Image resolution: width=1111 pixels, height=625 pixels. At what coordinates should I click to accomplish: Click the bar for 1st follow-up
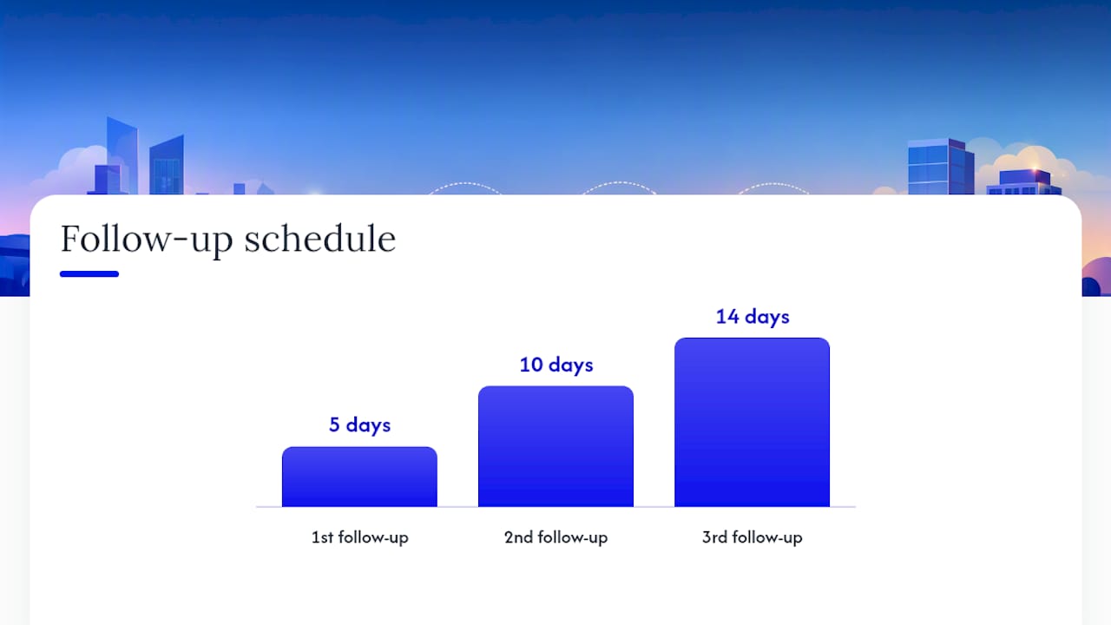359,477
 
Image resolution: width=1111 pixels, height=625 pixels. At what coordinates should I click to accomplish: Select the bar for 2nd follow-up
555,446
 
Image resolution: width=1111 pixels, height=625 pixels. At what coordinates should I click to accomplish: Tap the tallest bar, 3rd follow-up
752,422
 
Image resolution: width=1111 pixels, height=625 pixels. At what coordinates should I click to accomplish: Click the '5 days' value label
359,425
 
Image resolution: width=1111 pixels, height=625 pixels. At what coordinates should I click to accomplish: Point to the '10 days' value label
556,365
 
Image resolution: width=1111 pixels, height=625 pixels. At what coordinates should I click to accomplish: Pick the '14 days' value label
753,317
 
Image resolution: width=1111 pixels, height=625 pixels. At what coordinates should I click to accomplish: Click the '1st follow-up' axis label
359,537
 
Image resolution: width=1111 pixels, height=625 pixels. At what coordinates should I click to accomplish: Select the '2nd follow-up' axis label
556,537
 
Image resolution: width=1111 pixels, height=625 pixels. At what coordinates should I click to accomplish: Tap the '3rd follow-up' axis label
752,537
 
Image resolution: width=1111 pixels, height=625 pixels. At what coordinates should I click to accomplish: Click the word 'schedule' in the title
320,239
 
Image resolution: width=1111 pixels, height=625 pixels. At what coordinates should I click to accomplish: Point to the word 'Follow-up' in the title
147,240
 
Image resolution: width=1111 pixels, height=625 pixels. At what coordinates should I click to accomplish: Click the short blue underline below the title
89,273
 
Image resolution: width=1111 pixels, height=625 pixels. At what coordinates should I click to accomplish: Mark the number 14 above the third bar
727,317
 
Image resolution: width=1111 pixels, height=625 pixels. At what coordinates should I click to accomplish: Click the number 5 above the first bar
334,424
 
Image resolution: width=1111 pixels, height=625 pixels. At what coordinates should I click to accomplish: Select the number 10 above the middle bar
531,365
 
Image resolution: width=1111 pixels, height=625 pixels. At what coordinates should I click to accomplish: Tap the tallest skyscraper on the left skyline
122,155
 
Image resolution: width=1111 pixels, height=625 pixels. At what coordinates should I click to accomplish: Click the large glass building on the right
941,167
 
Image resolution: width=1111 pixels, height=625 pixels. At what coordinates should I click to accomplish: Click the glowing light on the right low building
1035,172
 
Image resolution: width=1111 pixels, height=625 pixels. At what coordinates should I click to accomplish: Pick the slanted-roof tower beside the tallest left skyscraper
167,165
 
